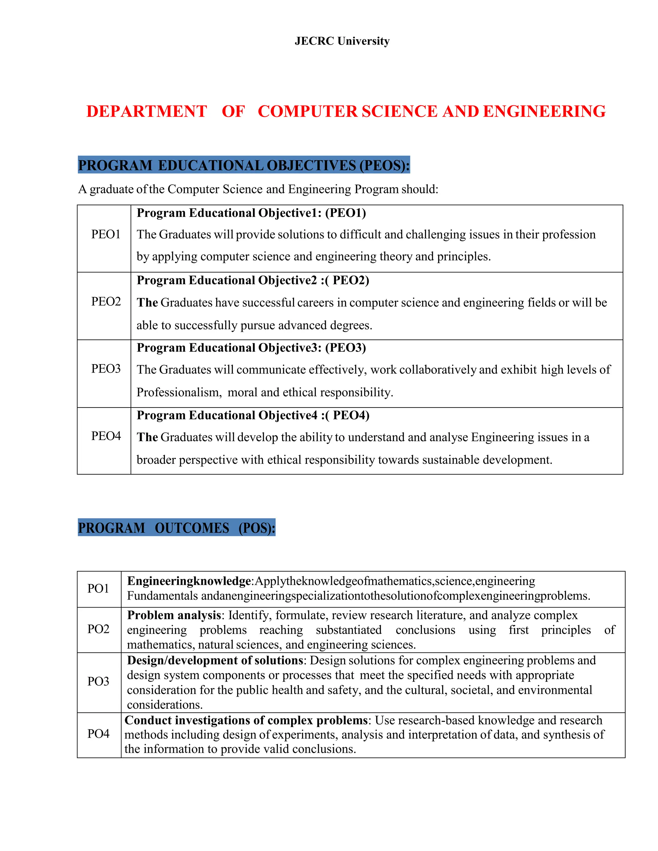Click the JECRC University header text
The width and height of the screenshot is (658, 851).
[x=342, y=41]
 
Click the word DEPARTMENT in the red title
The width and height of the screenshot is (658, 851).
[x=147, y=111]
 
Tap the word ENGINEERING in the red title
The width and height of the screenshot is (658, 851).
[x=544, y=111]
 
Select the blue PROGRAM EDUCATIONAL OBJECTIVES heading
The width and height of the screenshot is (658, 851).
[x=244, y=165]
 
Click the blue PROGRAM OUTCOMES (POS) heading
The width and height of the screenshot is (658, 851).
[x=177, y=528]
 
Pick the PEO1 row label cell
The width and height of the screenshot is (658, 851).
[x=106, y=234]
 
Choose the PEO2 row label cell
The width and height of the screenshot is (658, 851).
[x=106, y=301]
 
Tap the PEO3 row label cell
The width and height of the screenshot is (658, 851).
[x=106, y=369]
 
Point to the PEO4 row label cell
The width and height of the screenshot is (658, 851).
[x=106, y=436]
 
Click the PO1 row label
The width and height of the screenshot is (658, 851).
[x=98, y=588]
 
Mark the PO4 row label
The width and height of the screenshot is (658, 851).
[x=98, y=734]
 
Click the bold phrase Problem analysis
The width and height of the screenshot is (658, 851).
[x=174, y=615]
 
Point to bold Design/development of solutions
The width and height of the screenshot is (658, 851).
[x=215, y=661]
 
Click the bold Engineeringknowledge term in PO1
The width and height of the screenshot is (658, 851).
[x=189, y=581]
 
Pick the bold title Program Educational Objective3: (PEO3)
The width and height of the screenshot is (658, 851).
[x=251, y=347]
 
